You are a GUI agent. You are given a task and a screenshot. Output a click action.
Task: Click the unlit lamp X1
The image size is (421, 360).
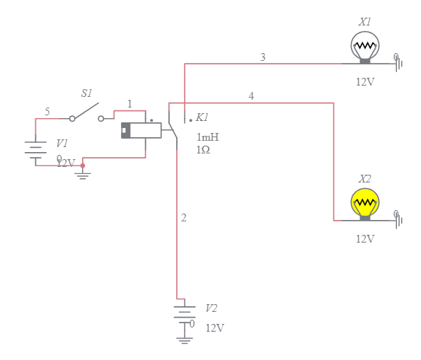click(365, 47)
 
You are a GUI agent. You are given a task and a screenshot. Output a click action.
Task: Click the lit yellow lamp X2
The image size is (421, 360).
click(365, 203)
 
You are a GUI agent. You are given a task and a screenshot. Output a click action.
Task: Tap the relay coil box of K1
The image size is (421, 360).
click(141, 131)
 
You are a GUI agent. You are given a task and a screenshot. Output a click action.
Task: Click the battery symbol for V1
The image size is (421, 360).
click(35, 151)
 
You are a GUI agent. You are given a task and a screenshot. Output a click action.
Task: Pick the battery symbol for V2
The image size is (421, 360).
click(185, 315)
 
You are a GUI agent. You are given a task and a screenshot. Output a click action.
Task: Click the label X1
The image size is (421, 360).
click(365, 22)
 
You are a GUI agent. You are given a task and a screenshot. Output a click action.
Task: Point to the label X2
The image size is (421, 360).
click(365, 179)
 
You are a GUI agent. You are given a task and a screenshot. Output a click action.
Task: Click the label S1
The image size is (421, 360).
click(86, 93)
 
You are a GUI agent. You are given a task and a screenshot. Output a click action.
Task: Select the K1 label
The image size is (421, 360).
click(202, 117)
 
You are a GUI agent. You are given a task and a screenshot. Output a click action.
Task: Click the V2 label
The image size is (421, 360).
click(212, 308)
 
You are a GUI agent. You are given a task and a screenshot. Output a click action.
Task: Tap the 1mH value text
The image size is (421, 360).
click(207, 137)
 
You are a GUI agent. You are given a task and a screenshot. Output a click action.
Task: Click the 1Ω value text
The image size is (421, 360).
click(203, 150)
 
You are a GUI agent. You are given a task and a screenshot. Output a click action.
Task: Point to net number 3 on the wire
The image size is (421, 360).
click(263, 57)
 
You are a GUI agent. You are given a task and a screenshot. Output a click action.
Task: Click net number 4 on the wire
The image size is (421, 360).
click(251, 95)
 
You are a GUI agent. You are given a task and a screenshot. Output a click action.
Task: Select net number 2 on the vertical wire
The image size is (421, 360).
click(184, 218)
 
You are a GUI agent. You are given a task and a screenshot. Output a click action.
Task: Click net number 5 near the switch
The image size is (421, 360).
click(47, 112)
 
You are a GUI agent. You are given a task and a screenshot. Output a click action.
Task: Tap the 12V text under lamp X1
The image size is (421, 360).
click(365, 81)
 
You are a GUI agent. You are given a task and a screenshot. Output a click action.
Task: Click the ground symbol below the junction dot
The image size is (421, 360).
click(83, 175)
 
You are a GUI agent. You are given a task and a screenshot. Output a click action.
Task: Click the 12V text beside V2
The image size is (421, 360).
click(215, 328)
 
